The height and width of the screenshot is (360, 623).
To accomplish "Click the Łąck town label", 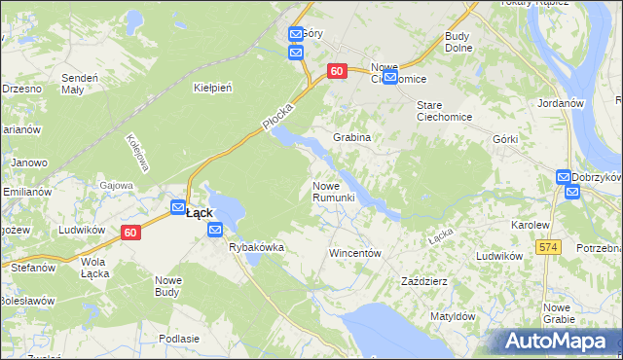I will (x=199, y=212).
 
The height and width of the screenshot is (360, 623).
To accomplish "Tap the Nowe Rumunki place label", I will (x=333, y=192).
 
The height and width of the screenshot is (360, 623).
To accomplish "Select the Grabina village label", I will (x=352, y=137).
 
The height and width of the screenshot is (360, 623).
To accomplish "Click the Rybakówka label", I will (x=256, y=247).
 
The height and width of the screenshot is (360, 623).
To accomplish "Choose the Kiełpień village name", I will (x=212, y=88).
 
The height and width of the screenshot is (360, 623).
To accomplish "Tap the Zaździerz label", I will (x=424, y=281).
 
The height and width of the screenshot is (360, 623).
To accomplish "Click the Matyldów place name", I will (x=453, y=316).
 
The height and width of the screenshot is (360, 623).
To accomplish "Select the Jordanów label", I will (x=558, y=102).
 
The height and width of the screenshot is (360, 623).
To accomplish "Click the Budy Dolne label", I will (x=458, y=42).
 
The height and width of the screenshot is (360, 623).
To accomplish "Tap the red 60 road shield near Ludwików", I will (x=131, y=233).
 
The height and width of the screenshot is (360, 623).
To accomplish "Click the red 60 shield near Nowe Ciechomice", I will (x=337, y=71).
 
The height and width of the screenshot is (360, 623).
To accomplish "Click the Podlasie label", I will (x=179, y=338).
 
